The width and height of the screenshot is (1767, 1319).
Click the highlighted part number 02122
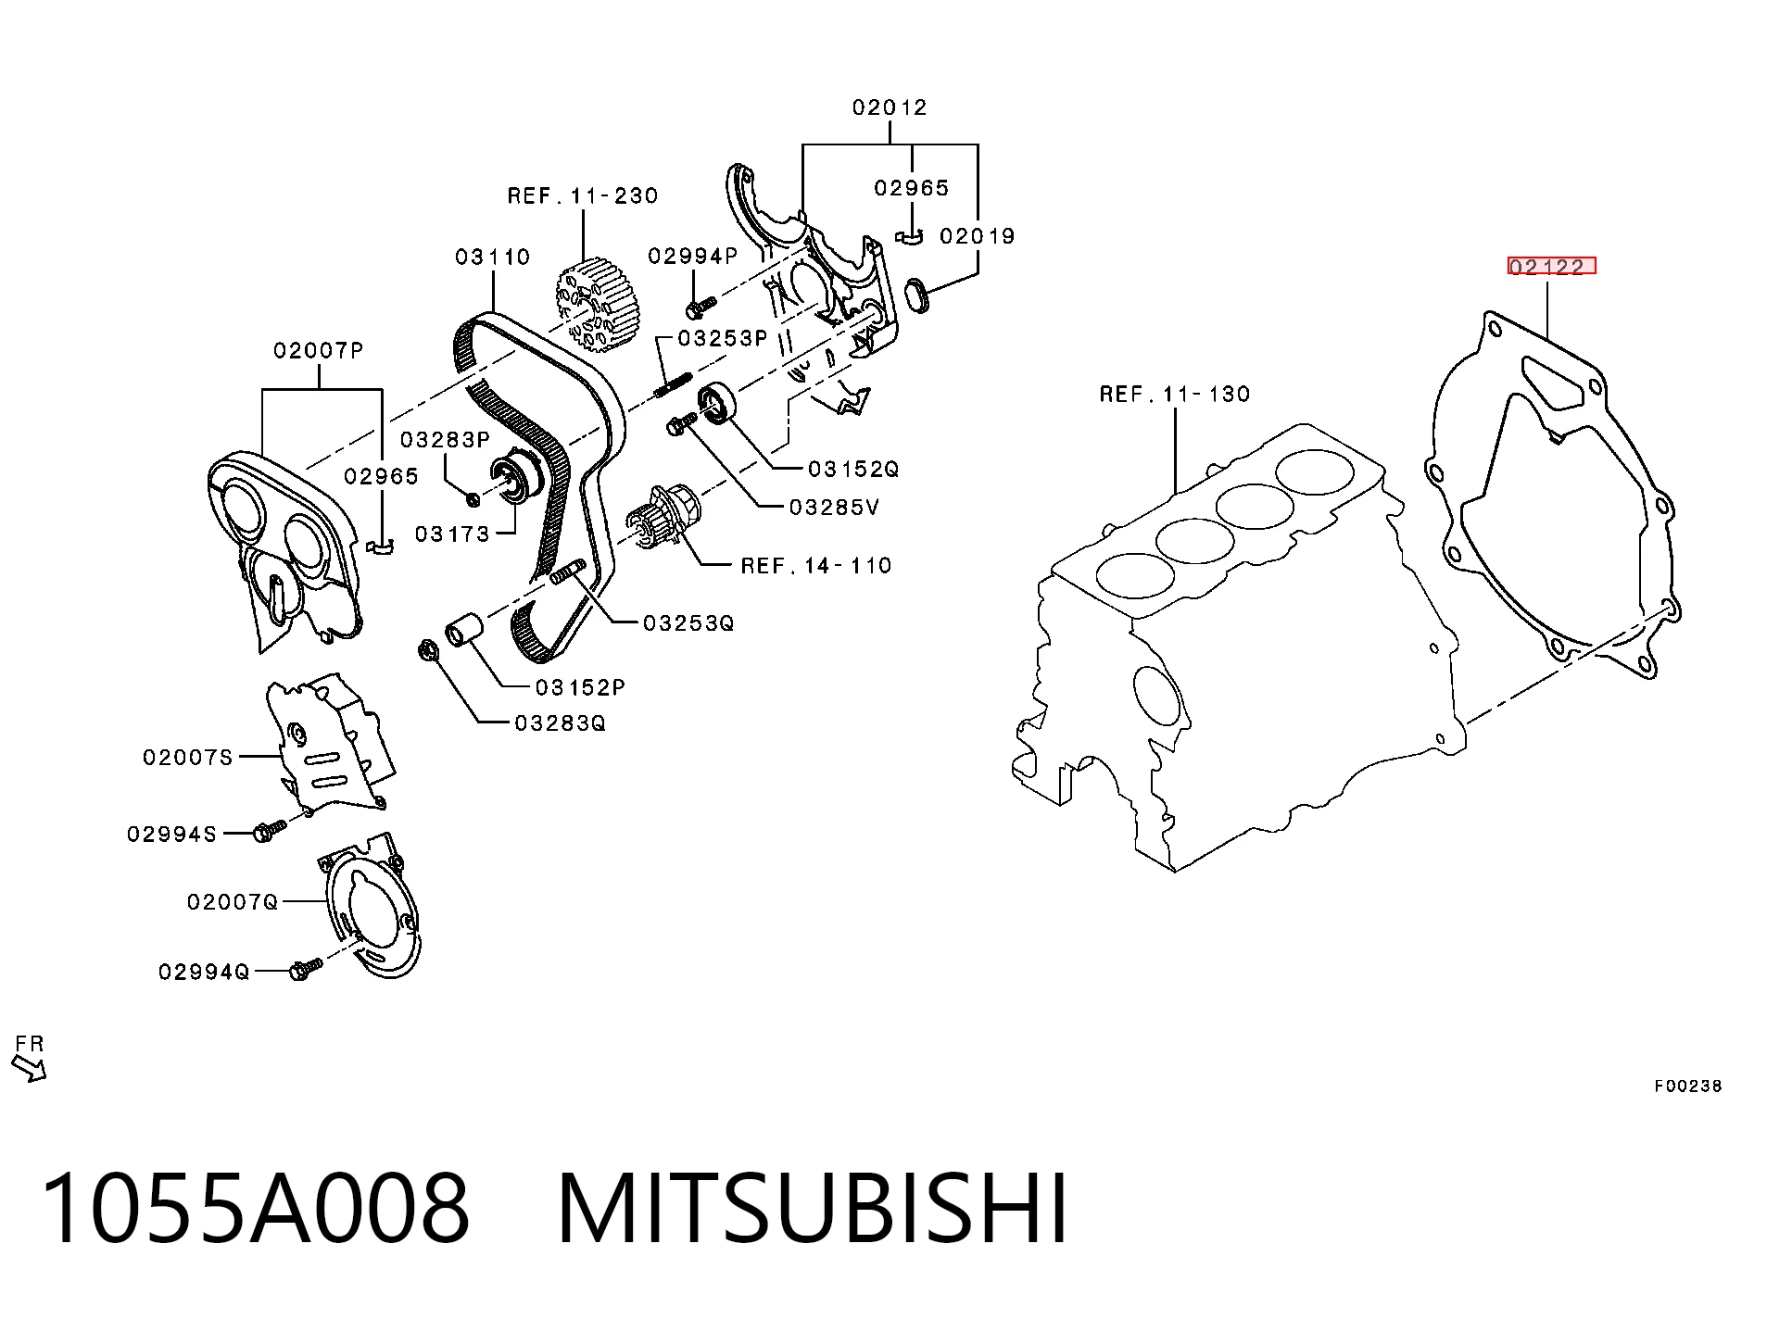[x=1552, y=267]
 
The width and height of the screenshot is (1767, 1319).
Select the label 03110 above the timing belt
[x=492, y=257]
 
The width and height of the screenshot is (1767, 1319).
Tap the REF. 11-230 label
[x=583, y=195]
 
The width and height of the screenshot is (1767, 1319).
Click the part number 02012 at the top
[x=890, y=107]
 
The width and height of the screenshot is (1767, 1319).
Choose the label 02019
[x=978, y=236]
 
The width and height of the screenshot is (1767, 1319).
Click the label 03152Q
[x=853, y=470]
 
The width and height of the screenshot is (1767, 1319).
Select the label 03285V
[x=834, y=508]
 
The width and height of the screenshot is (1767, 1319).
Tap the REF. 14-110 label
[x=816, y=565]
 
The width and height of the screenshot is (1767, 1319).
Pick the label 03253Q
[x=688, y=623]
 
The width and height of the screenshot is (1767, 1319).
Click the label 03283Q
[x=561, y=722]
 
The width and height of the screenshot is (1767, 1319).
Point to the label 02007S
[x=187, y=758]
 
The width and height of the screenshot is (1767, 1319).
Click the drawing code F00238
[x=1688, y=1086]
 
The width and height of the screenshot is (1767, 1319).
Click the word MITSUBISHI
[x=813, y=1209]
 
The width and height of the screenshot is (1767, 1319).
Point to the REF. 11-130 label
[x=1175, y=394]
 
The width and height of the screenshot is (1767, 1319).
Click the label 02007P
[x=318, y=350]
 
